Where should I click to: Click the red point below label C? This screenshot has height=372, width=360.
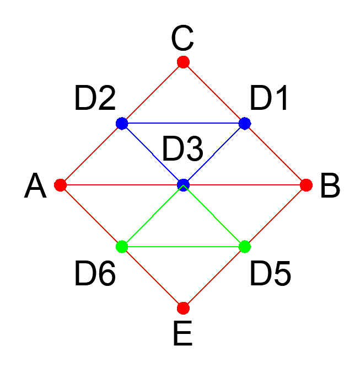click(184, 62)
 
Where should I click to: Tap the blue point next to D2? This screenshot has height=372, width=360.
click(122, 123)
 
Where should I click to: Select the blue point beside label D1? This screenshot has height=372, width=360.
click(245, 123)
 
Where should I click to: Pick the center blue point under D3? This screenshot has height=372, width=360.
click(184, 184)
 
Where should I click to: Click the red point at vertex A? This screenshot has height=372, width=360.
click(61, 184)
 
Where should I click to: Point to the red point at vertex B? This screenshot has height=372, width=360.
click(306, 184)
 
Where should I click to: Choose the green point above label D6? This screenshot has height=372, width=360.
click(122, 246)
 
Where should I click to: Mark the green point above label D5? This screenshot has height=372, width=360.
click(245, 246)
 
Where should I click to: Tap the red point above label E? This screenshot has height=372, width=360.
click(184, 307)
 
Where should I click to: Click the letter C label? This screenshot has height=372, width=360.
click(182, 39)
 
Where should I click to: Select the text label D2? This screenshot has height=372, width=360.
click(95, 99)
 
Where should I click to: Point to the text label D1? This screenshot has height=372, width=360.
click(269, 99)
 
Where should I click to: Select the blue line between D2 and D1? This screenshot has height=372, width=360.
click(184, 123)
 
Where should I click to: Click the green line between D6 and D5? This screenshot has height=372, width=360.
click(184, 246)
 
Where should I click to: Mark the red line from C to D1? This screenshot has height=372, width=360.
click(214, 92)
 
